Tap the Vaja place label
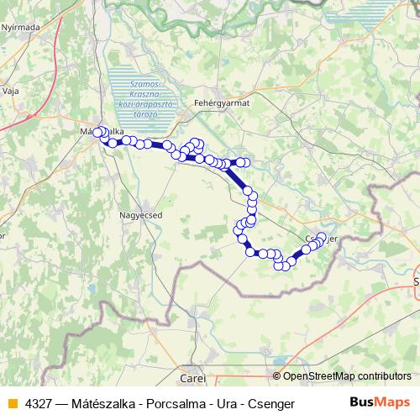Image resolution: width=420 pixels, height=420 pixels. pos(11,89)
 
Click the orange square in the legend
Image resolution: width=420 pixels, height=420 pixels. pos(12,404)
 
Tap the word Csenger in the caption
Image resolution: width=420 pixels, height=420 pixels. pos(271,404)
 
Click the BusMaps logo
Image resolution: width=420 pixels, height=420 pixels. pos(380,403)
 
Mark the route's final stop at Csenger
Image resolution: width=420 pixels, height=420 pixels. pos(321,238)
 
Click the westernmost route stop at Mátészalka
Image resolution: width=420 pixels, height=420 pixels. pos(97,132)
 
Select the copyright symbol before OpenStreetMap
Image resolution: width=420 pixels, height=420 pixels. pos(277,376)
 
